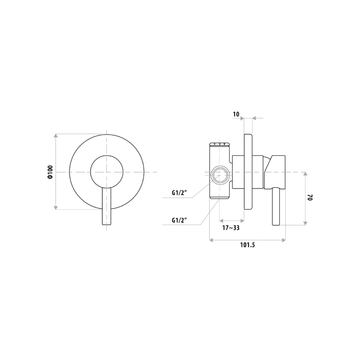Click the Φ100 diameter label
(x=50, y=172)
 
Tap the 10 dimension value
(x=236, y=114)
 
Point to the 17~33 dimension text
(x=232, y=228)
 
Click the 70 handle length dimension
(x=310, y=198)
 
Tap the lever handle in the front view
(x=107, y=207)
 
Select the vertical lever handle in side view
(x=277, y=207)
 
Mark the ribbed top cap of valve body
(x=220, y=144)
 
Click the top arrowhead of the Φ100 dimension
(x=55, y=135)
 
